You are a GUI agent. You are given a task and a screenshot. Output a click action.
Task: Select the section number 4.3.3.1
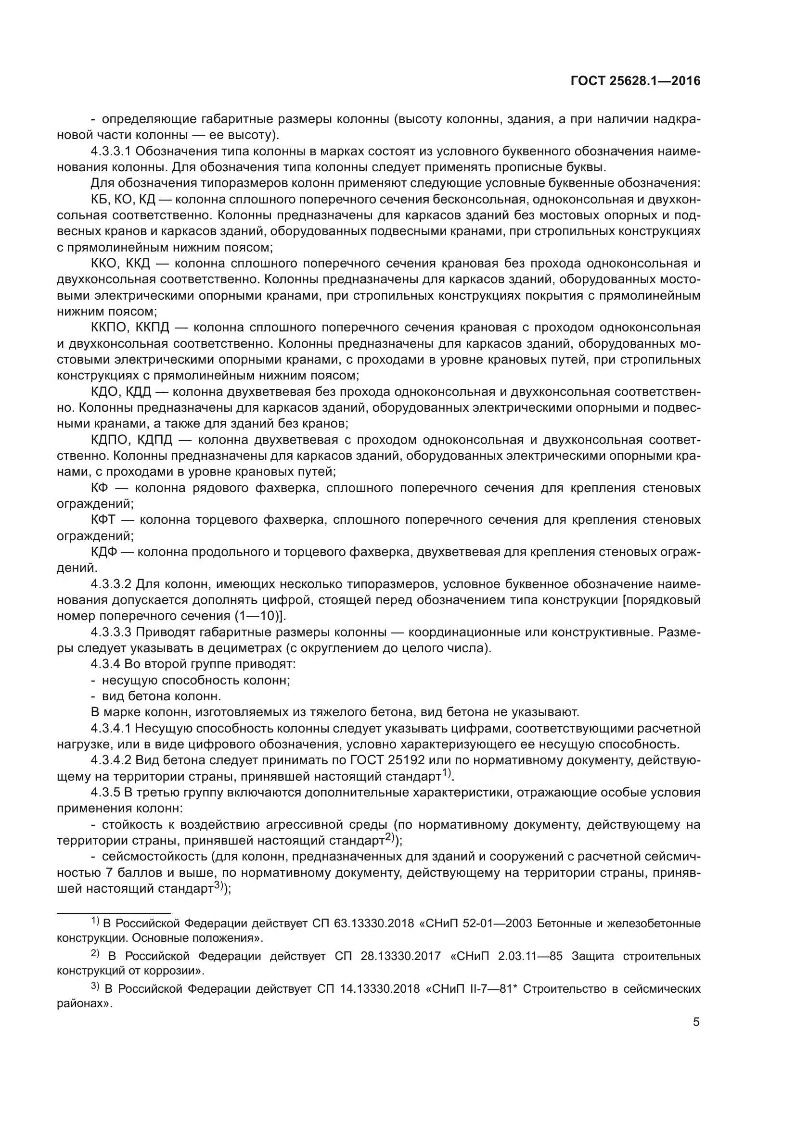coord(111,152)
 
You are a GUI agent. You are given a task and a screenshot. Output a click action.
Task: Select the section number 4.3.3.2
coord(111,584)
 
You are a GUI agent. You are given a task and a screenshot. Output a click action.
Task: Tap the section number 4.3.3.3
coord(111,632)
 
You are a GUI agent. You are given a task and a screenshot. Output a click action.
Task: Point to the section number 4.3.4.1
coord(111,729)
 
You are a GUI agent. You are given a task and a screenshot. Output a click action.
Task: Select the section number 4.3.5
coord(105,793)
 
